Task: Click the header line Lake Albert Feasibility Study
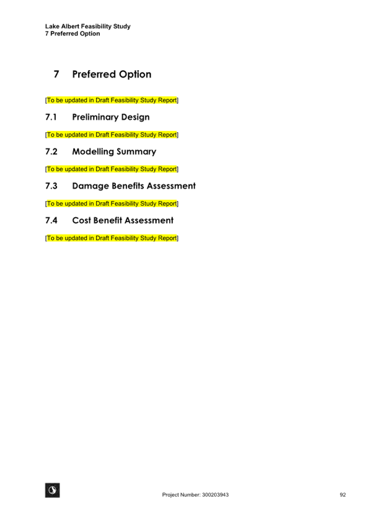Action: pyautogui.click(x=88, y=26)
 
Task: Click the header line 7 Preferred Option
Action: pyautogui.click(x=72, y=33)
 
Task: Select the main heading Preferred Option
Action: pyautogui.click(x=112, y=74)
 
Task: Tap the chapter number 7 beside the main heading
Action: pyautogui.click(x=56, y=74)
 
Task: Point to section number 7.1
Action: pyautogui.click(x=51, y=117)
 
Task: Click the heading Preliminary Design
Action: pyautogui.click(x=111, y=117)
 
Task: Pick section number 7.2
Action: pyautogui.click(x=51, y=151)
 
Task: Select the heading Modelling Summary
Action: pyautogui.click(x=114, y=152)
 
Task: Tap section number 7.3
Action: pyautogui.click(x=51, y=186)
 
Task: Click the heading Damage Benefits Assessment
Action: pyautogui.click(x=134, y=186)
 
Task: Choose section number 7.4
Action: pyautogui.click(x=51, y=220)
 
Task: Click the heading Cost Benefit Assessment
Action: pyautogui.click(x=123, y=220)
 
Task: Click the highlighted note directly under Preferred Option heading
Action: pyautogui.click(x=112, y=100)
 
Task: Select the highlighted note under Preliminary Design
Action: pyautogui.click(x=112, y=135)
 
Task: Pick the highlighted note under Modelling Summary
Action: pyautogui.click(x=112, y=169)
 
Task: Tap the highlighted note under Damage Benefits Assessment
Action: pyautogui.click(x=112, y=203)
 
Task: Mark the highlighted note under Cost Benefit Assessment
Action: pyautogui.click(x=112, y=238)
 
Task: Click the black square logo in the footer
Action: pyautogui.click(x=53, y=490)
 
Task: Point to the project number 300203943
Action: pyautogui.click(x=216, y=495)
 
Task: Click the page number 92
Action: pyautogui.click(x=343, y=495)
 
